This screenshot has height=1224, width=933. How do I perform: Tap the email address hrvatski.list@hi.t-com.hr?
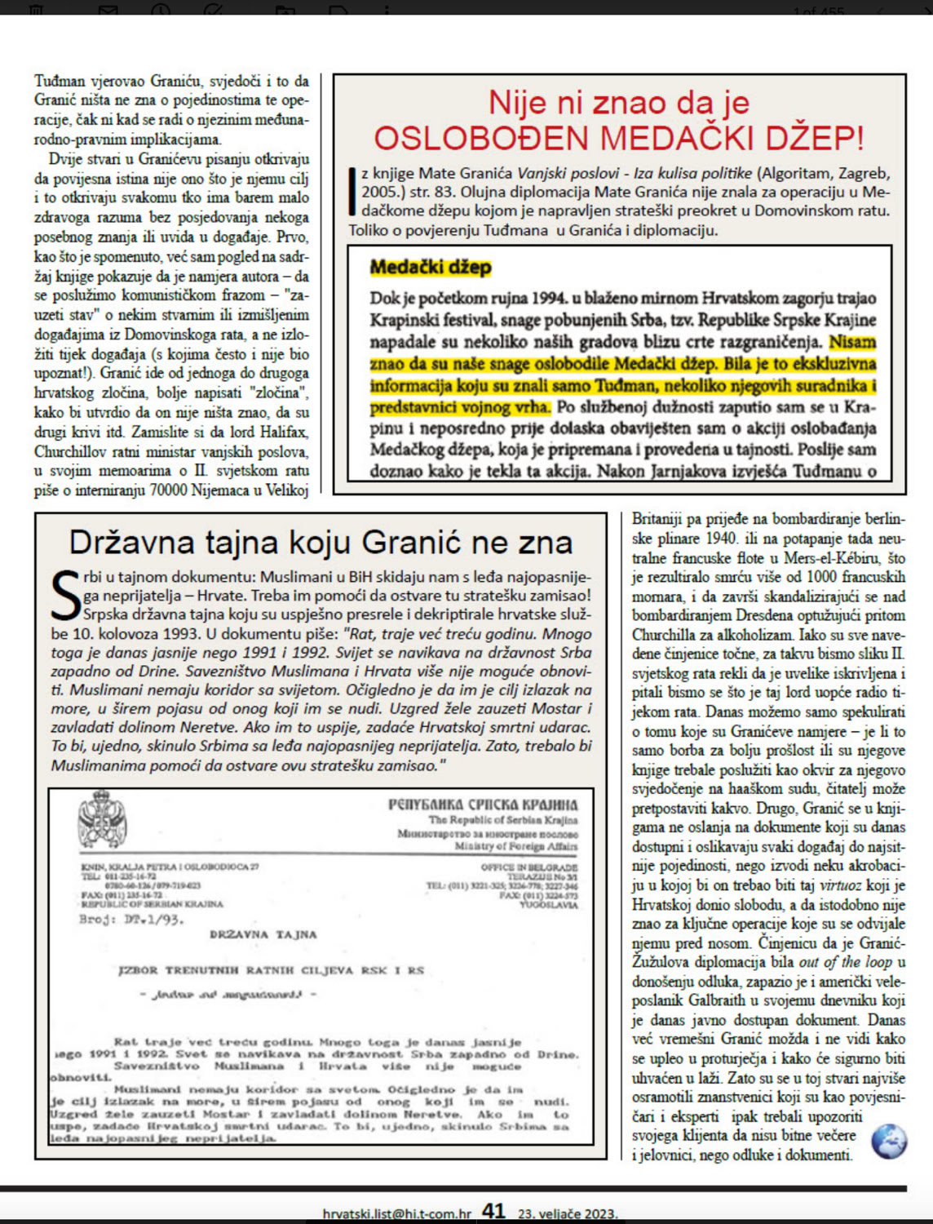click(396, 1213)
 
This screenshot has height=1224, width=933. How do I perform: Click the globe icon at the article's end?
click(888, 1141)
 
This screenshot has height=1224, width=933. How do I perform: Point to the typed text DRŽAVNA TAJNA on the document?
click(263, 934)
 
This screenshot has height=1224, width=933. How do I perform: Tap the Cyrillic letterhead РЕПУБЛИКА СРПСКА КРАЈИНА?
click(483, 805)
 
